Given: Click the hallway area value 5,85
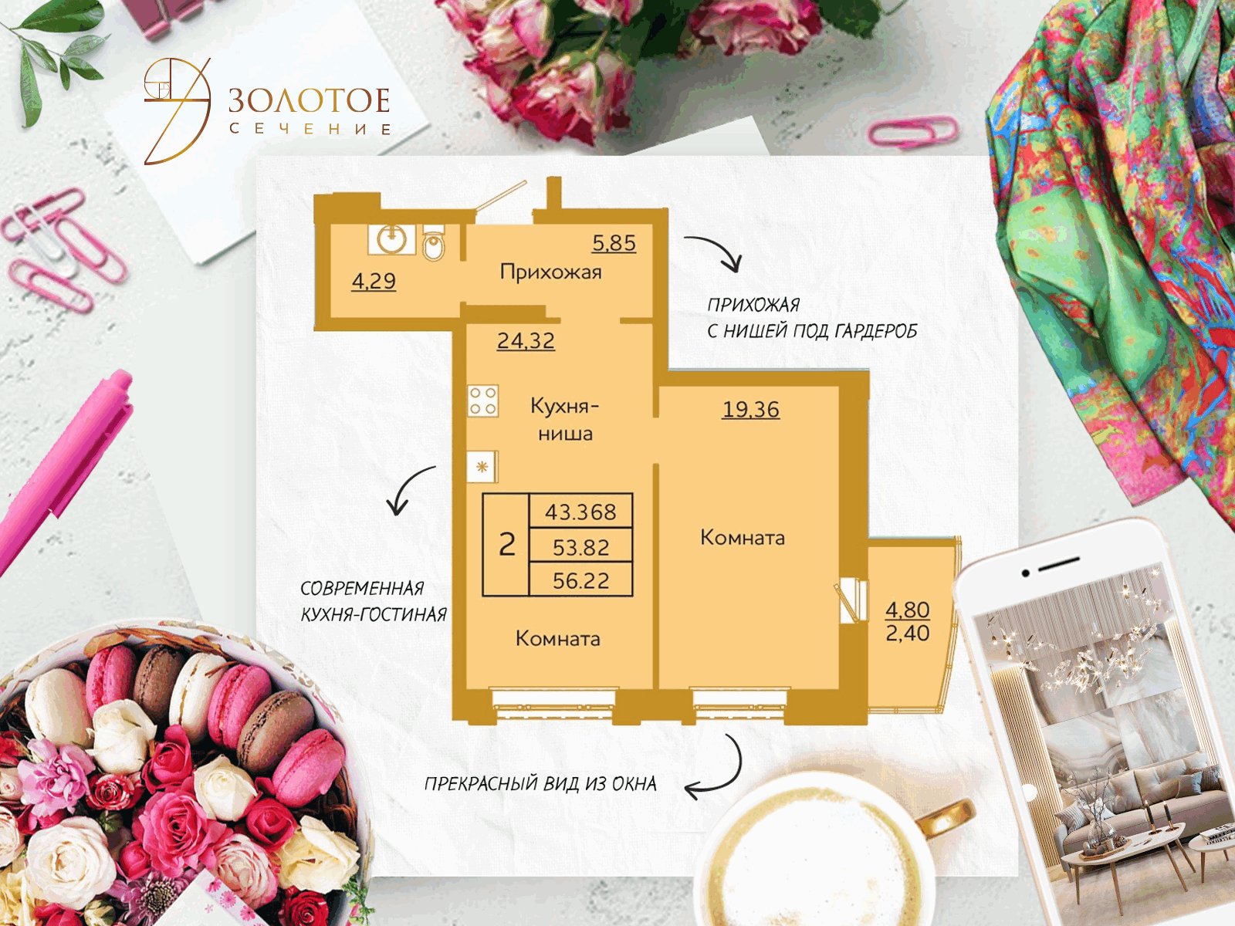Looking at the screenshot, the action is tap(614, 243).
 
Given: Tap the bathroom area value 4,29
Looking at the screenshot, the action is tap(374, 281).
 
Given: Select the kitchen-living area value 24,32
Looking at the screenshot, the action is tap(526, 341).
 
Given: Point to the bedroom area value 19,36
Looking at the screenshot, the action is tap(751, 409).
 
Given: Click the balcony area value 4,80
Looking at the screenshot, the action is tap(908, 610).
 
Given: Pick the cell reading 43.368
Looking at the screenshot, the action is tap(580, 512).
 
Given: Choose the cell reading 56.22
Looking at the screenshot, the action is tap(580, 580).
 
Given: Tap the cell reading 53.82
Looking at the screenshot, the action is tap(580, 546).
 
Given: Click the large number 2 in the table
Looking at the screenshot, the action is tap(507, 544).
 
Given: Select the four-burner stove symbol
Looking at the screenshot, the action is tap(482, 400).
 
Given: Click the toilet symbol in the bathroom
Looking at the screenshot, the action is tap(434, 243).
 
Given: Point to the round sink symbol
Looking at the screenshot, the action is tap(391, 240).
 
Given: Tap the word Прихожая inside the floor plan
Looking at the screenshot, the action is tap(551, 272).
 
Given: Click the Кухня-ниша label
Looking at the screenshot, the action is tap(565, 420).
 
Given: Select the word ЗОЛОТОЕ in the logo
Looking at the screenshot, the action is tap(309, 100).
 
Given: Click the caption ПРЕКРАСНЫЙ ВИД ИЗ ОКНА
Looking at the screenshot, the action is tap(540, 784).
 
